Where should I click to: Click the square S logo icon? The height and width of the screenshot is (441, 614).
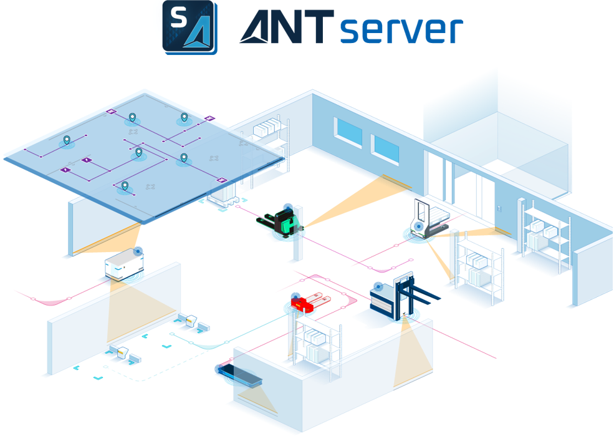[x=190, y=27]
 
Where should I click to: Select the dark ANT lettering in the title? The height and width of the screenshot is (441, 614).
[x=287, y=26]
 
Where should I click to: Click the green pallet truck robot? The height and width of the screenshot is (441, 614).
[x=280, y=222]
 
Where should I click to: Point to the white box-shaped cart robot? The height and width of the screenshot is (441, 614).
[x=124, y=264]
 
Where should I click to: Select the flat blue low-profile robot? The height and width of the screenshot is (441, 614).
[x=239, y=374]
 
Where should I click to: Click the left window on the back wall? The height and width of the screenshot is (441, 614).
[x=348, y=132]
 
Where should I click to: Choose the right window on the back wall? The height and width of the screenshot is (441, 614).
[x=386, y=150]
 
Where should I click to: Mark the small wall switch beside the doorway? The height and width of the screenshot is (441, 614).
[x=500, y=208]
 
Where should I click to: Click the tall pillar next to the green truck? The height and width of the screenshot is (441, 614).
[x=298, y=233]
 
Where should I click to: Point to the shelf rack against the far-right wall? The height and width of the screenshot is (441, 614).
[x=545, y=235]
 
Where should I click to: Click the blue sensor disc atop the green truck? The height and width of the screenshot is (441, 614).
[x=288, y=207]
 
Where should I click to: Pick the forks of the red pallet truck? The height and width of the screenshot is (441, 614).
[x=320, y=298]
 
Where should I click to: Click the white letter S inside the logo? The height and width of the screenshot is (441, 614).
[x=178, y=17]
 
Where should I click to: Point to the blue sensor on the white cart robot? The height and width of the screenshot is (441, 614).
[x=138, y=251]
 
